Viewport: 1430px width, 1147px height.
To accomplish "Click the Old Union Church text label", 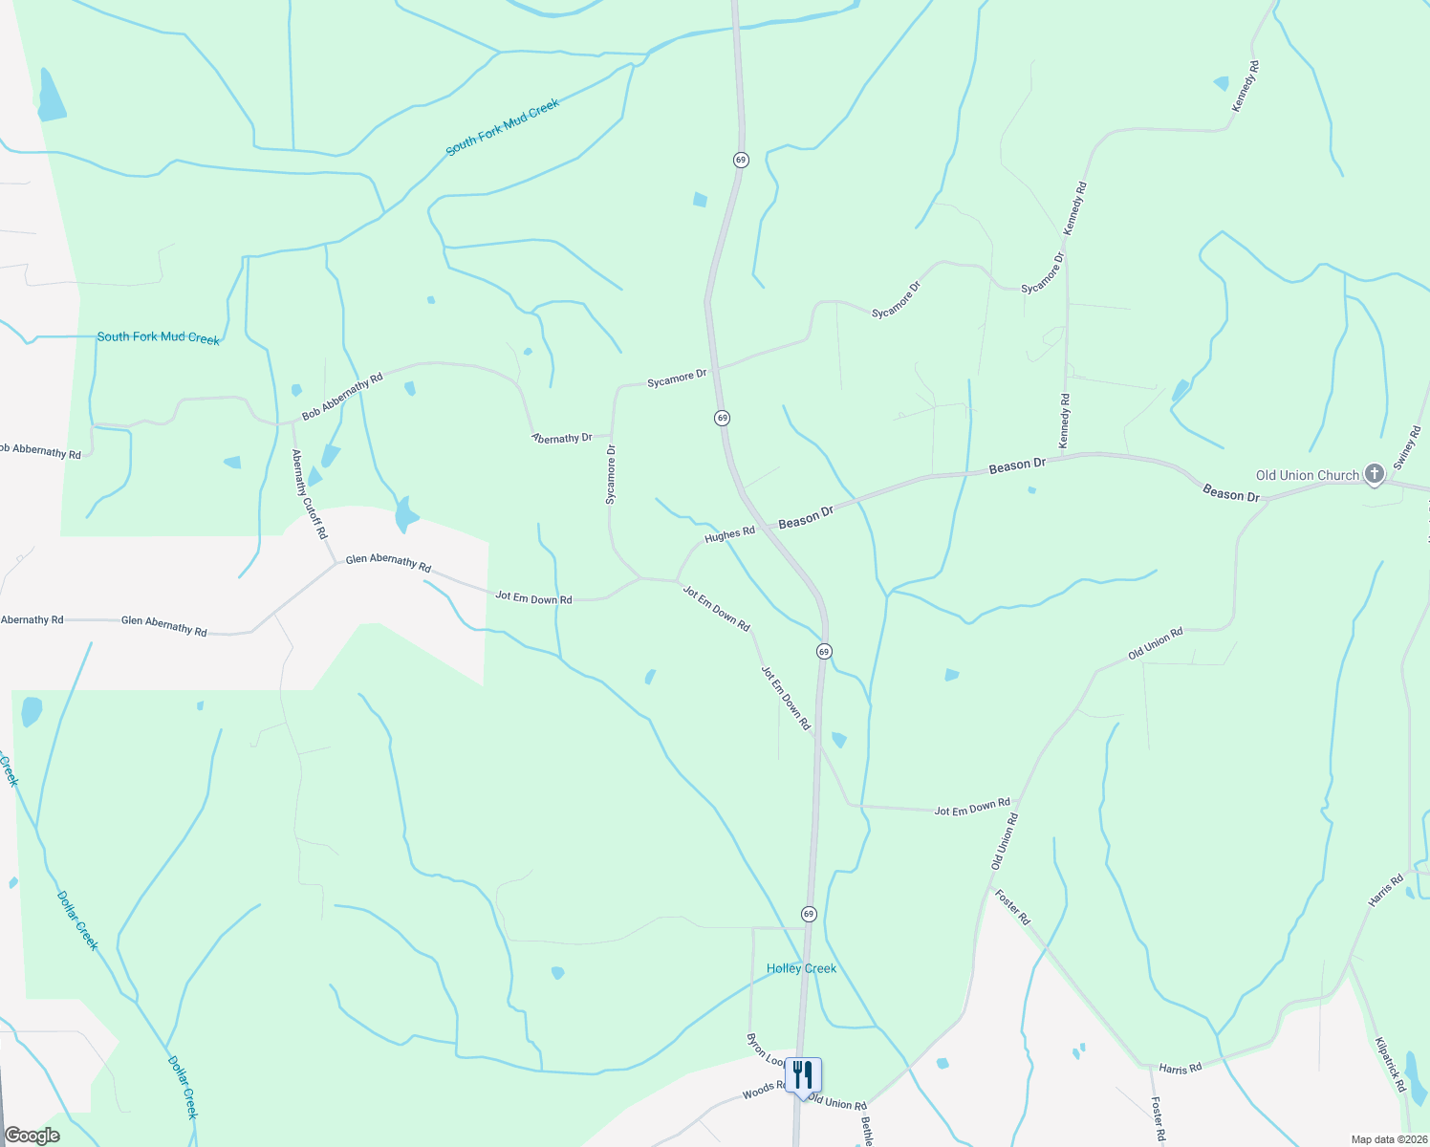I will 1307,475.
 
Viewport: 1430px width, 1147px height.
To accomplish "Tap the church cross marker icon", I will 1374,473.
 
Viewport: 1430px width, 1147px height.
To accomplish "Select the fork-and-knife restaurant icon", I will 802,1074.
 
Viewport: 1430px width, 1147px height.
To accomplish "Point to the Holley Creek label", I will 801,968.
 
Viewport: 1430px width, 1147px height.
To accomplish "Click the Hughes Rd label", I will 729,535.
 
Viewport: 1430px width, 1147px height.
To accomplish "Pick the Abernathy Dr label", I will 562,438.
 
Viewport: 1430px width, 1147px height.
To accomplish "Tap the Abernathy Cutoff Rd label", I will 310,493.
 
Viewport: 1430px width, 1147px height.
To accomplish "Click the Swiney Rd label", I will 1407,447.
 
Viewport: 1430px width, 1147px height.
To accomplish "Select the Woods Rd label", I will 763,1091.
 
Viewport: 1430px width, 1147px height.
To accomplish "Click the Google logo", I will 32,1135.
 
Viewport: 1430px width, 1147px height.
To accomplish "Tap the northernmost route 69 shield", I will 741,160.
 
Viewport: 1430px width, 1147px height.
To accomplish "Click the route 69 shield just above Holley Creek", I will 809,914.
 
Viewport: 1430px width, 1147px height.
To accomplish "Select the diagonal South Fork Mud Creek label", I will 502,128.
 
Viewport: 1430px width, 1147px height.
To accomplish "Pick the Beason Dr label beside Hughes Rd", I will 806,518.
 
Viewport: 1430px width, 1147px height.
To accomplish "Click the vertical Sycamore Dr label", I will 611,474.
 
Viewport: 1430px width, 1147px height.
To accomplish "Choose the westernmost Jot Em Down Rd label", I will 533,598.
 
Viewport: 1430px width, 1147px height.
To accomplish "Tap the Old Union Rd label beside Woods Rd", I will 836,1103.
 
